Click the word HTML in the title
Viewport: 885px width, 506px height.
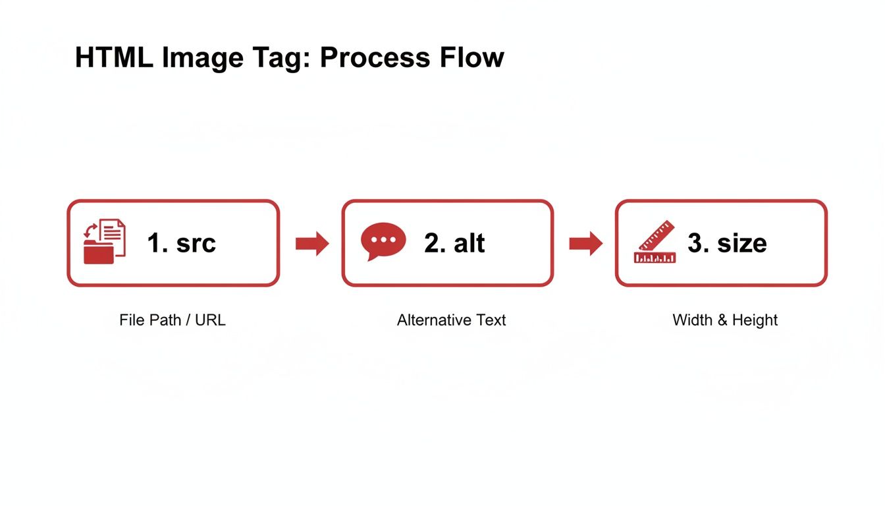coord(113,58)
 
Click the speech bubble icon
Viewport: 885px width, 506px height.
coord(383,242)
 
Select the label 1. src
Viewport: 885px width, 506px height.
coord(181,243)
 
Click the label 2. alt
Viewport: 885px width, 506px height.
coord(454,243)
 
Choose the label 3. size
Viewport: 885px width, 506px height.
coord(727,243)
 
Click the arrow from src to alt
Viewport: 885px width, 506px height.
coord(312,244)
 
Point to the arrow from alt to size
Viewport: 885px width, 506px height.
coord(585,244)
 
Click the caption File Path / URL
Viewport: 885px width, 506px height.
coord(173,320)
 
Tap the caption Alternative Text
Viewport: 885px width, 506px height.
coord(451,320)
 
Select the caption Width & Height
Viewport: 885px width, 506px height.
coord(725,320)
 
